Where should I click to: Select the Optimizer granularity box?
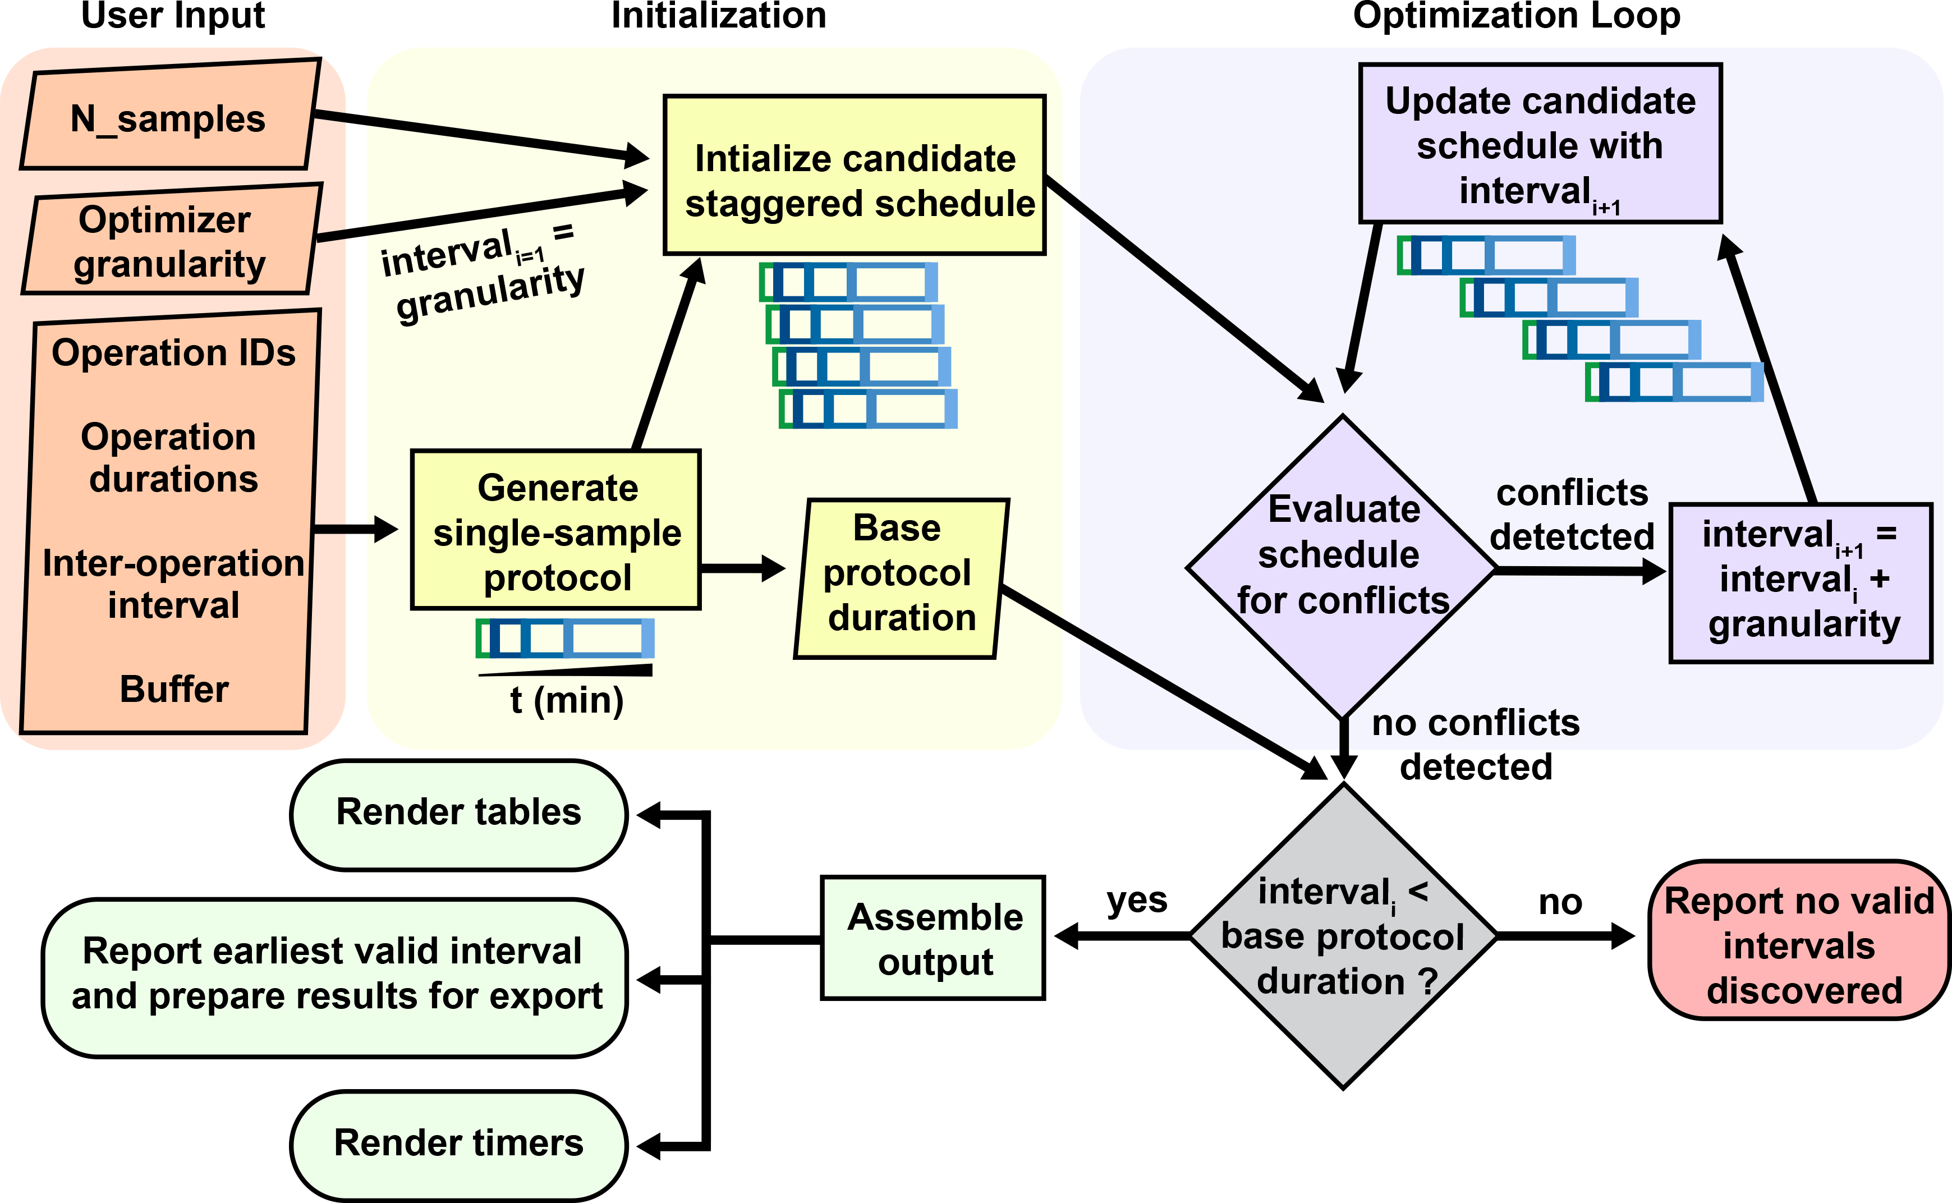[x=170, y=241]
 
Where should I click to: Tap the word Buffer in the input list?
[x=174, y=689]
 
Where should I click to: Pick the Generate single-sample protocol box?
[x=556, y=531]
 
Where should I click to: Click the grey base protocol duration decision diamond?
[x=1343, y=936]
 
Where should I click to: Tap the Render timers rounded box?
[x=459, y=1144]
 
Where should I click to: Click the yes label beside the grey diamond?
[x=1137, y=900]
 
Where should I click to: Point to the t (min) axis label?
[x=566, y=701]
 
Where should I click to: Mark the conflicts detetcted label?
[x=1571, y=515]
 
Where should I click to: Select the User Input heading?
[x=173, y=16]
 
